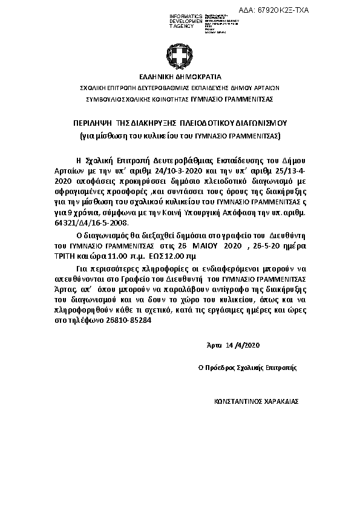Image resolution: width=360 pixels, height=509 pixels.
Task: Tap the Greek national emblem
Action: tap(179, 57)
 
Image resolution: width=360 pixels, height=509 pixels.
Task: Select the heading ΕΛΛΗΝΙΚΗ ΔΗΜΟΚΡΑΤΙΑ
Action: tap(180, 77)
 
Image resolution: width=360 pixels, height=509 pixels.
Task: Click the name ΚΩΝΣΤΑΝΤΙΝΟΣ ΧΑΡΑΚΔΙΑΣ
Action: tap(257, 401)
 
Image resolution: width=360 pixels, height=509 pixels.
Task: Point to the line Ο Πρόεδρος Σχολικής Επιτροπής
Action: tap(247, 367)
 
